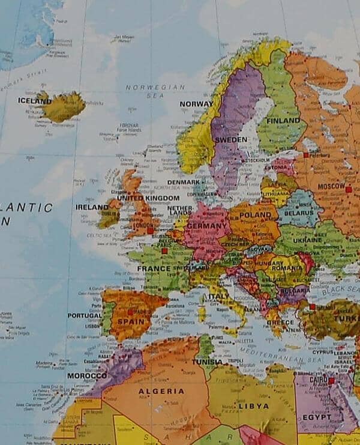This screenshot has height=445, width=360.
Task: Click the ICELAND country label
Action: click(x=34, y=101)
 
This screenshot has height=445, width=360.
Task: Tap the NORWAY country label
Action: click(x=196, y=104)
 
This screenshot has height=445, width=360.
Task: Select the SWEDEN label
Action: click(x=230, y=139)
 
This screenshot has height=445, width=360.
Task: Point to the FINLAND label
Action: click(x=283, y=120)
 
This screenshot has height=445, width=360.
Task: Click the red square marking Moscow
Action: click(x=348, y=189)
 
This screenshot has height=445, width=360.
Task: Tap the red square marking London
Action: click(x=150, y=230)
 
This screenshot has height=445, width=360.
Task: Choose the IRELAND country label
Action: click(x=92, y=207)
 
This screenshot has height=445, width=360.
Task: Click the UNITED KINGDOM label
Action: click(x=148, y=198)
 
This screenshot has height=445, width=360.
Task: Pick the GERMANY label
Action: click(x=205, y=225)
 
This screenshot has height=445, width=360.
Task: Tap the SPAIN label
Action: click(x=131, y=321)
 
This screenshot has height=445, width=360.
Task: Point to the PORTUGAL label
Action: click(x=84, y=315)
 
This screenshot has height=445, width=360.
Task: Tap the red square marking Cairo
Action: click(x=331, y=380)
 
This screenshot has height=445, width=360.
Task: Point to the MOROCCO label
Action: click(x=86, y=375)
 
